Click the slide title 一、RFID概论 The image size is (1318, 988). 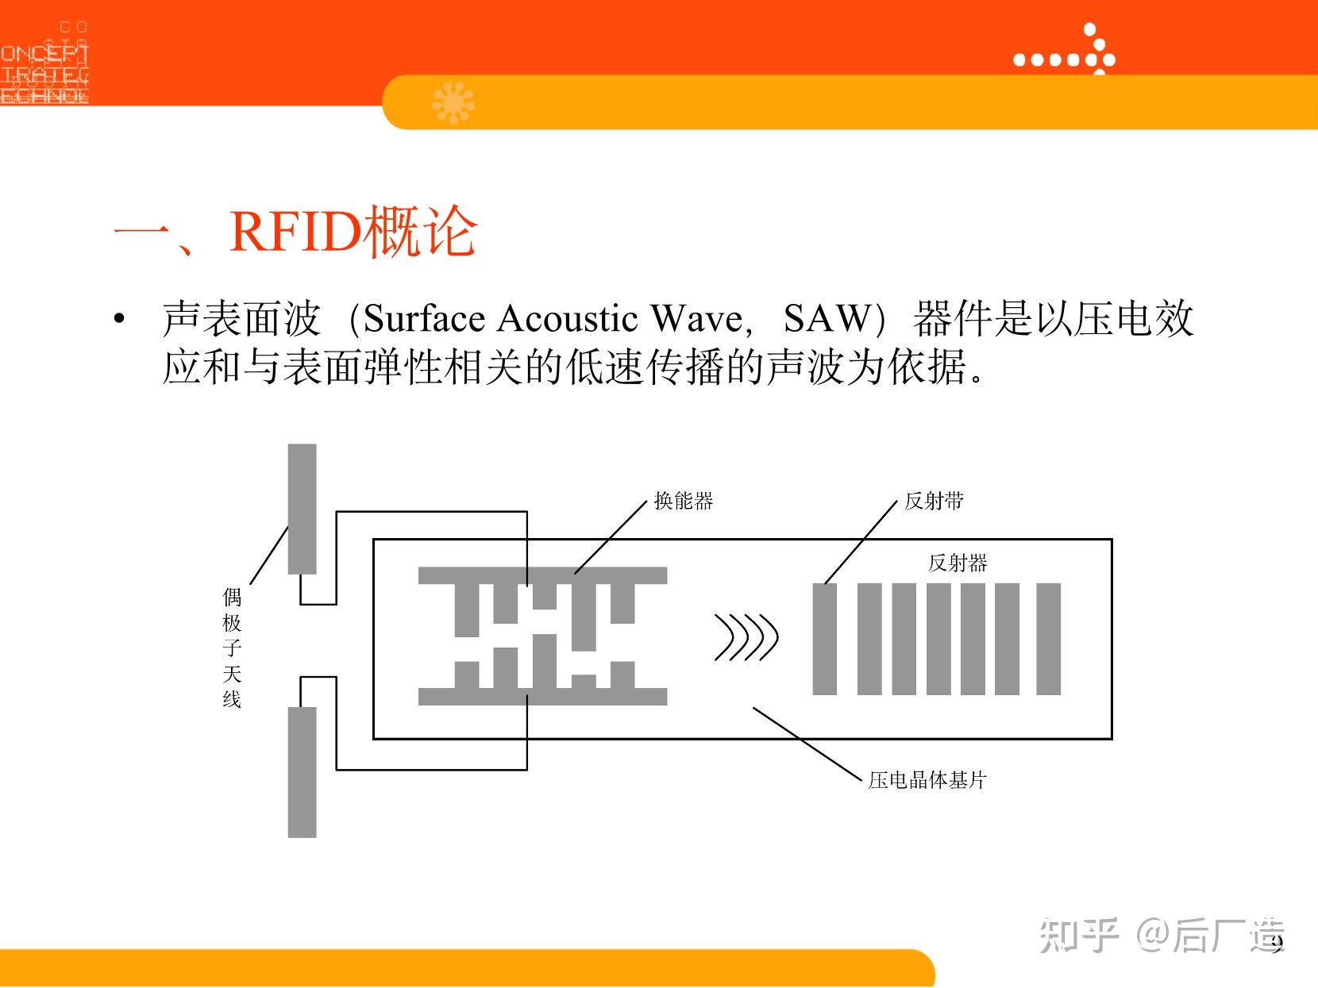tap(295, 232)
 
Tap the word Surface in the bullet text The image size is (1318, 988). tap(422, 319)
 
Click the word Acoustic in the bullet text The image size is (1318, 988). tap(567, 319)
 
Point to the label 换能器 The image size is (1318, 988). tap(684, 501)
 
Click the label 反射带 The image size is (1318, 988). tap(934, 501)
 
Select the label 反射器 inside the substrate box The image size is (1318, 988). tap(958, 563)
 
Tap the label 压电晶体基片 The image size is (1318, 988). tap(927, 780)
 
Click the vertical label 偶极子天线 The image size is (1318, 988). tap(232, 648)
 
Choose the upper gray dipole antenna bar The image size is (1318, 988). tap(302, 508)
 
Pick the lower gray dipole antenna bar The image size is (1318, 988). tap(302, 771)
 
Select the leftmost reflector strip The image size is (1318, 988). tap(825, 639)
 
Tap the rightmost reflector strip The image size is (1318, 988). tap(1049, 639)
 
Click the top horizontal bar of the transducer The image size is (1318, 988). tap(542, 575)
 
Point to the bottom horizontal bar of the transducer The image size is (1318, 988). tap(542, 697)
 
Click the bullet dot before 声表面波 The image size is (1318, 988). tap(119, 320)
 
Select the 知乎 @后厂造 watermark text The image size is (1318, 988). tap(1161, 935)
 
